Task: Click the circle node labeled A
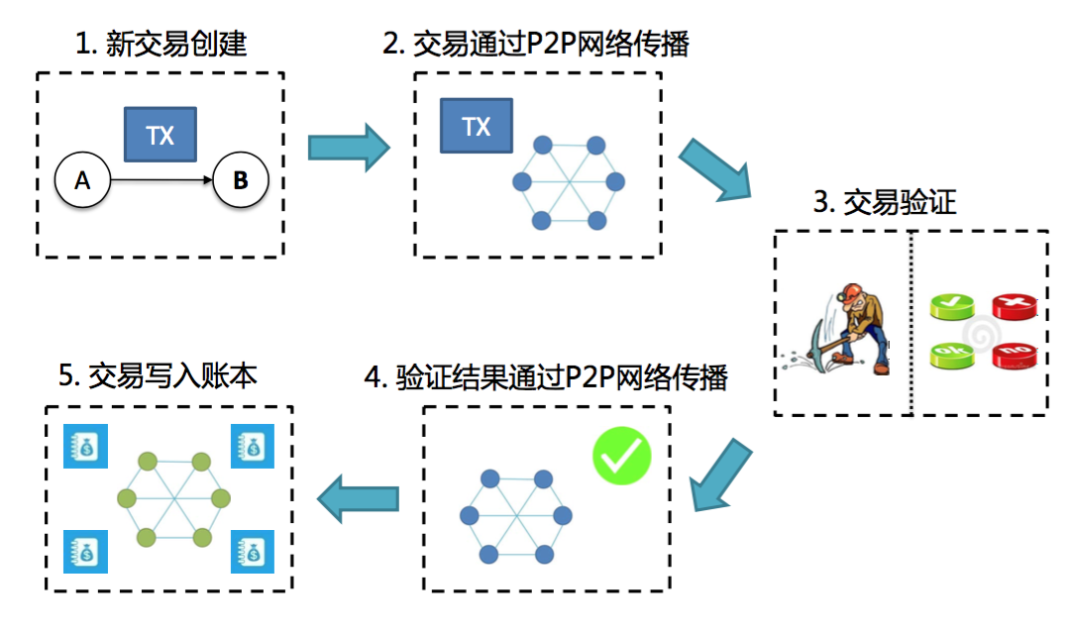(x=83, y=180)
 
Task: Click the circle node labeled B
(x=240, y=180)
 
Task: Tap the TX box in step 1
(x=160, y=135)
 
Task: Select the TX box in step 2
(x=476, y=126)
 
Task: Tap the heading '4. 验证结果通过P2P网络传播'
(x=547, y=377)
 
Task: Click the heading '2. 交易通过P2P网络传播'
(x=536, y=46)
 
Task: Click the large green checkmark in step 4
(x=621, y=457)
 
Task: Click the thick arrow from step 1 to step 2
(x=348, y=147)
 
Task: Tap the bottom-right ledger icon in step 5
(x=252, y=551)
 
